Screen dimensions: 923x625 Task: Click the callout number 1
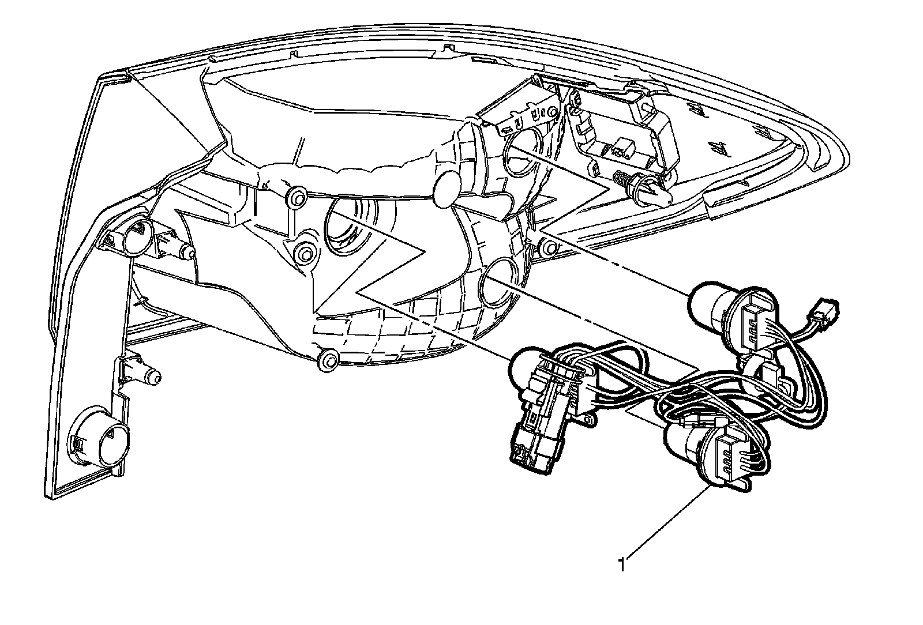pyautogui.click(x=621, y=564)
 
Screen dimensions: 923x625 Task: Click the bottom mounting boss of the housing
pyautogui.click(x=328, y=360)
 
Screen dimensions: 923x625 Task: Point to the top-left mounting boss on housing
pyautogui.click(x=297, y=198)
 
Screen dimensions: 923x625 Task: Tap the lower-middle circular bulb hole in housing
pyautogui.click(x=498, y=283)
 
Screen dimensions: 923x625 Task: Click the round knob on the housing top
pyautogui.click(x=447, y=188)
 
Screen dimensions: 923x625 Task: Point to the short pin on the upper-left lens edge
pyautogui.click(x=179, y=248)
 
